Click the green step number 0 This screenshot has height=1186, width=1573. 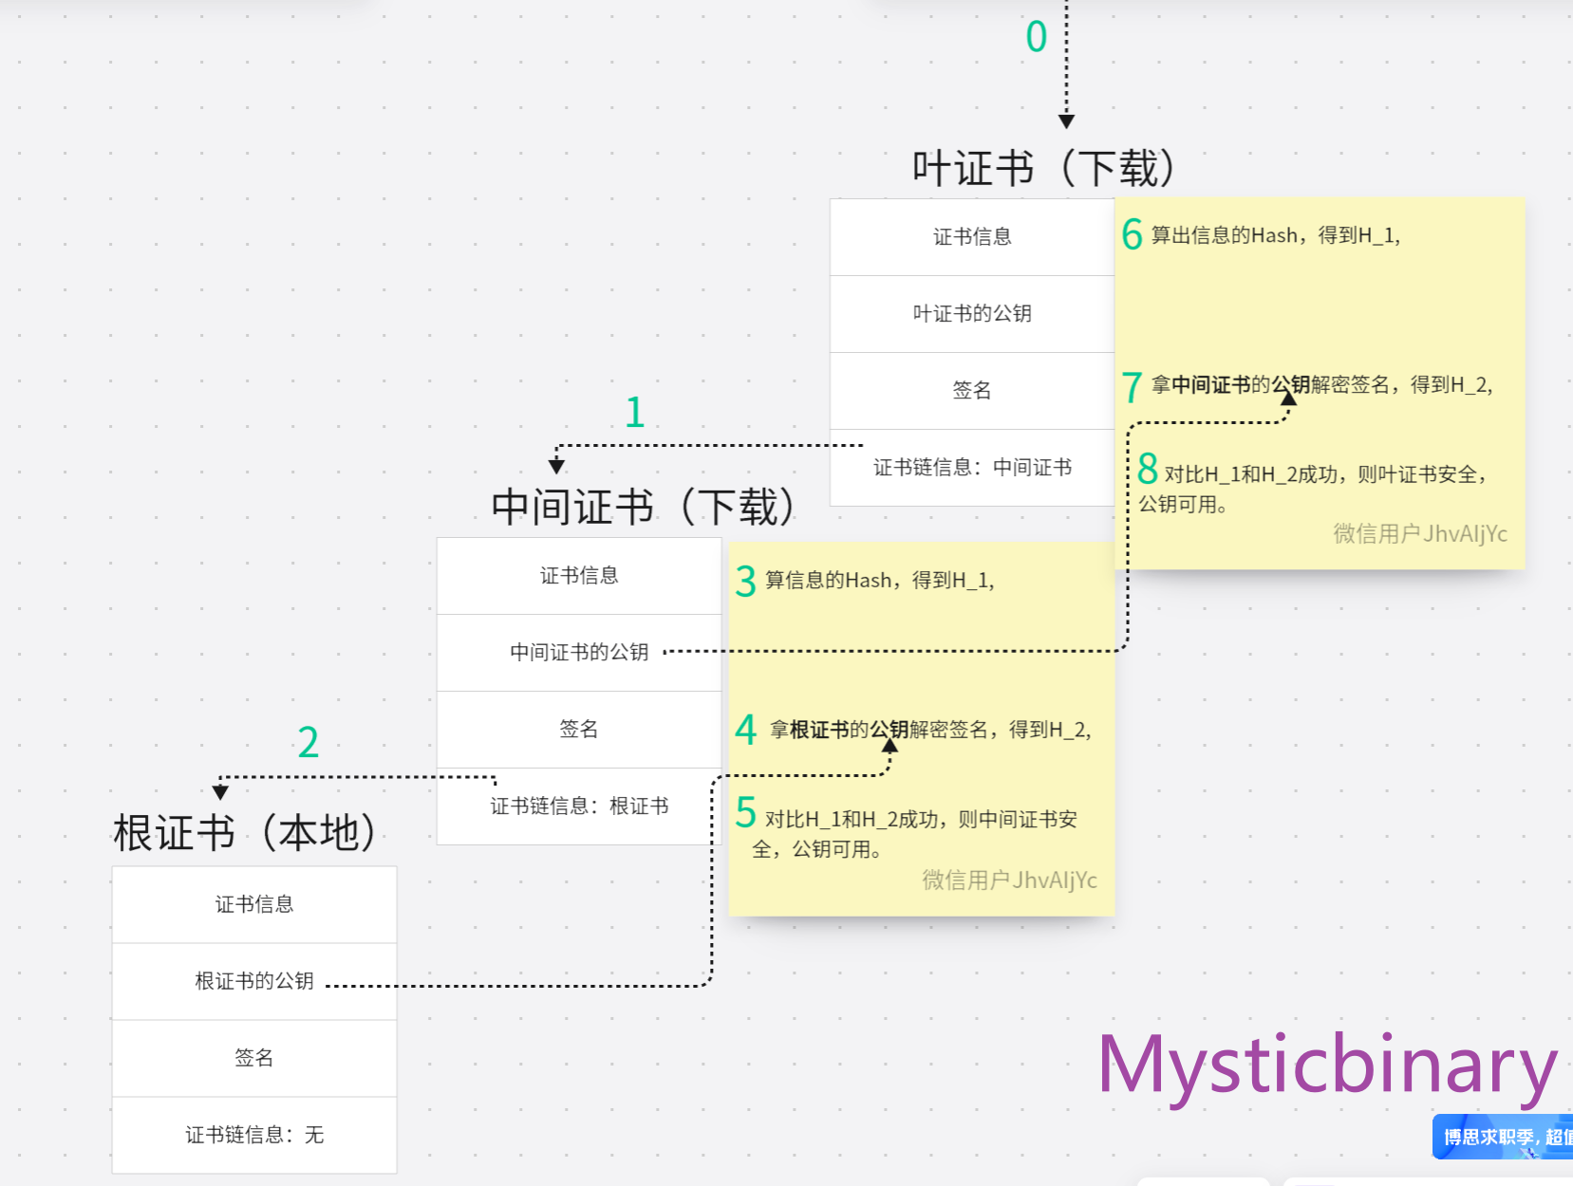1036,38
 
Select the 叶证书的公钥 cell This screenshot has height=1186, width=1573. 972,314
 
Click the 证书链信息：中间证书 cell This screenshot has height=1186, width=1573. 972,467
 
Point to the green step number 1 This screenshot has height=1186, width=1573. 635,413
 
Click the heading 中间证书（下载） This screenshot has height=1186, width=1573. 643,507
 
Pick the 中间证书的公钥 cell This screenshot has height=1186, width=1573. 579,652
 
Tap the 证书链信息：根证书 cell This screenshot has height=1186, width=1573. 579,806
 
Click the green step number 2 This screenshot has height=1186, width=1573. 308,742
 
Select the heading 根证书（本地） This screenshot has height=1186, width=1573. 245,833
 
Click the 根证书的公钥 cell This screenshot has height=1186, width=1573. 254,981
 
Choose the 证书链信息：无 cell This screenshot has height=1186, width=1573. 254,1135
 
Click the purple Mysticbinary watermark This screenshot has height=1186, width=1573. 1326,1066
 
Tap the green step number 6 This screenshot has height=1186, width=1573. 1132,234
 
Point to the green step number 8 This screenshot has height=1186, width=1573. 1147,469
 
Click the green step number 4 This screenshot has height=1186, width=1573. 746,730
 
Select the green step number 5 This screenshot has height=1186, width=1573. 746,813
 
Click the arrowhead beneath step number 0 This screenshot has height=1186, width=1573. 1066,121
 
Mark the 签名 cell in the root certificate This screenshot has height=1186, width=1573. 254,1058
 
